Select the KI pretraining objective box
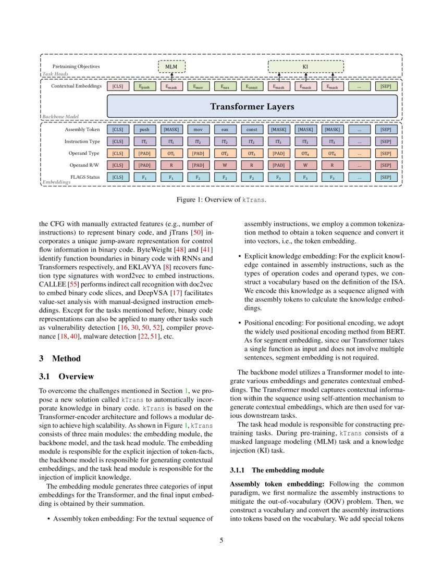pos(305,67)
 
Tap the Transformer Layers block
pos(252,106)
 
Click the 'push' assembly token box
pos(144,129)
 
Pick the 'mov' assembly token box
pos(198,129)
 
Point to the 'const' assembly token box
pos(252,129)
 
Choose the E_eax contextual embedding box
pos(225,86)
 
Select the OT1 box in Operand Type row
pos(171,153)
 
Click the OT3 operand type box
pos(252,153)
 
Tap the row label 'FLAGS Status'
pos(85,177)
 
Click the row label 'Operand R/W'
pos(85,165)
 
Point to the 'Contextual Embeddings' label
pos(77,86)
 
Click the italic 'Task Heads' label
pos(55,74)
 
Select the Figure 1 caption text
pos(221,200)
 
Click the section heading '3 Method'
pos(60,358)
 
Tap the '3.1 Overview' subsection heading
pos(67,377)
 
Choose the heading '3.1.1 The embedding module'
pos(277,470)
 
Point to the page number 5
pos(221,540)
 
